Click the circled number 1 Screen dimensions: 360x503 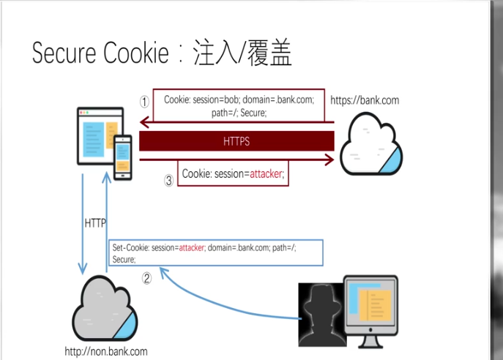pos(145,102)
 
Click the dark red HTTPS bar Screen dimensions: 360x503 pos(236,141)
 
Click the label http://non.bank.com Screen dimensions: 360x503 pos(105,351)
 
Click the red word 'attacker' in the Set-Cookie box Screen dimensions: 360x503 pos(191,248)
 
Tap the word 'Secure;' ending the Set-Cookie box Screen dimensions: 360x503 pos(124,260)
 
